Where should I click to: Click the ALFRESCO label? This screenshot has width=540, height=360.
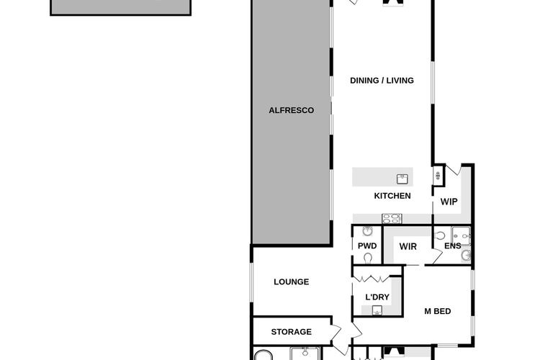coord(292,110)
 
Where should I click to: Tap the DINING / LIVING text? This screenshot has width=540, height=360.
coord(382,80)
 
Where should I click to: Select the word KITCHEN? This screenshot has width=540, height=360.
coord(392,196)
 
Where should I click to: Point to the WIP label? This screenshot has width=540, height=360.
coord(449,202)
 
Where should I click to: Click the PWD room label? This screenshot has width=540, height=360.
coord(367,246)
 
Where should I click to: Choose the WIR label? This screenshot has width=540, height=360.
coord(408,246)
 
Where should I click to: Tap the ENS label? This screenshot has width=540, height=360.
coord(453,246)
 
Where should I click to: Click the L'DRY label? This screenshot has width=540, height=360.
coord(377,297)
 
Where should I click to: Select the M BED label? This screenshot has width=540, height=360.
coord(437,311)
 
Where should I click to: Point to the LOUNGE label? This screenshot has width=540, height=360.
coord(292,282)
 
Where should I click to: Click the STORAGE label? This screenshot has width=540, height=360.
coord(292,332)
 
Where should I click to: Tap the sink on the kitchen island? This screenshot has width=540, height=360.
coord(402,179)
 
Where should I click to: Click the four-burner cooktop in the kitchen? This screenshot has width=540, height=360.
coord(392,218)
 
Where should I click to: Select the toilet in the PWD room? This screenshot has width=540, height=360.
coord(368,258)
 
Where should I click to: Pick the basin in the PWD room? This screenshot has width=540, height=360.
coord(367,231)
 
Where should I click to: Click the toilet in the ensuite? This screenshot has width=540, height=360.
coord(439,235)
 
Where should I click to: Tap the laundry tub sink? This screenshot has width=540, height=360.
coord(377,310)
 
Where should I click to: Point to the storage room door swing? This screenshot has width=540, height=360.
coord(336,333)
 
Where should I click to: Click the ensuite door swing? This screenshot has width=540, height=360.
coord(437,256)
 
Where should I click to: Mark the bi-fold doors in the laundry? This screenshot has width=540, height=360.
coord(372,279)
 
